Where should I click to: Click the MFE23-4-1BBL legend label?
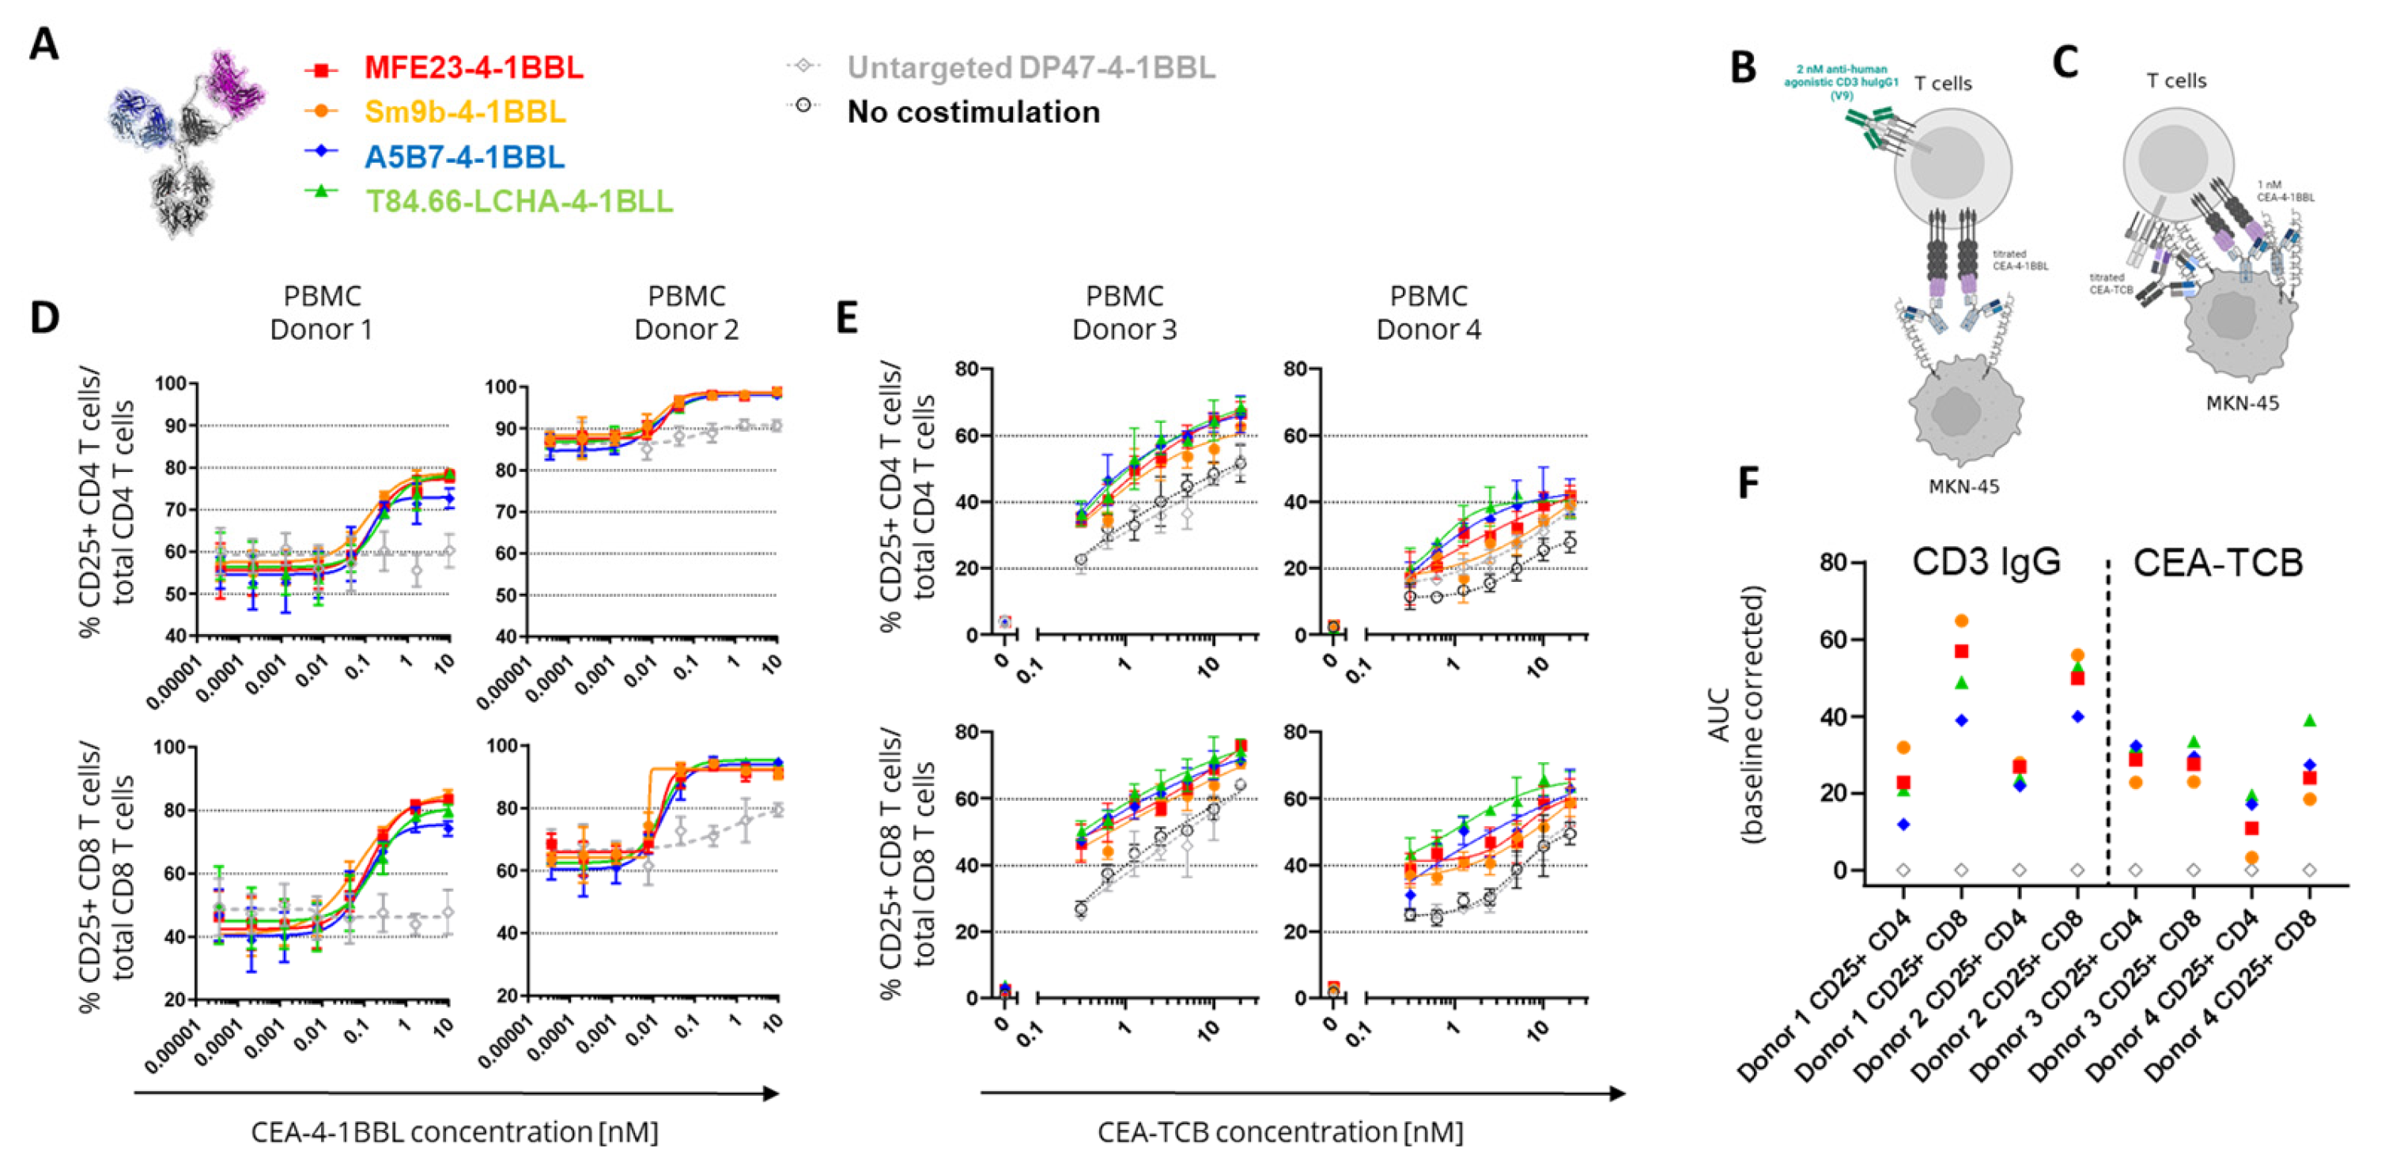point(473,67)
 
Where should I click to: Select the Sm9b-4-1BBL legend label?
point(465,111)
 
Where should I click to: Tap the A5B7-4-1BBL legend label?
point(464,157)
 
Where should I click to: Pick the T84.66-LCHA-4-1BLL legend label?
point(519,201)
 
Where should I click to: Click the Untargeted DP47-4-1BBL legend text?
point(1030,67)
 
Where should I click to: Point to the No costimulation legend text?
point(973,111)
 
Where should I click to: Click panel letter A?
point(43,44)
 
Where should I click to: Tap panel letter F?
point(1748,482)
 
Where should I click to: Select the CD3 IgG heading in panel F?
point(1986,562)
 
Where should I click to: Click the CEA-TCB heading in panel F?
point(2218,562)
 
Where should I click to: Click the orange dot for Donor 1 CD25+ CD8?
point(1961,621)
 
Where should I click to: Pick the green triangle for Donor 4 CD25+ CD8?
point(2309,720)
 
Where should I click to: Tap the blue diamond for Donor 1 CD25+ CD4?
point(1903,824)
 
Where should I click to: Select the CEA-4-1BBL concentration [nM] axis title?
point(455,1131)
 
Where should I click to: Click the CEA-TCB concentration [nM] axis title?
point(1280,1131)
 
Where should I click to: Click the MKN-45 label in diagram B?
point(1963,486)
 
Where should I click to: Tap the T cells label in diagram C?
point(2176,81)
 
